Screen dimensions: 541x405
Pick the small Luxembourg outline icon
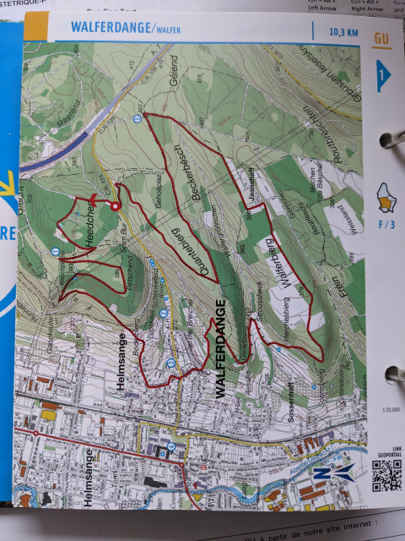[x=383, y=199]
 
